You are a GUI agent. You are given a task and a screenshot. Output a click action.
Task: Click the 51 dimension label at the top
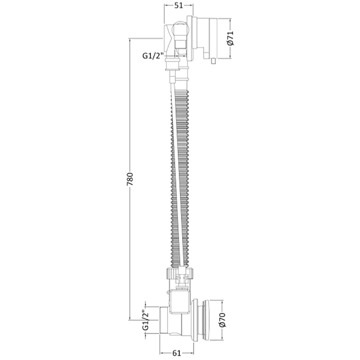tap(178, 5)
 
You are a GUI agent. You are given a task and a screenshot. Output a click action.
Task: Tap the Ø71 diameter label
tap(230, 38)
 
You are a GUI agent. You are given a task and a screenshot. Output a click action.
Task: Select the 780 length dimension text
tap(130, 179)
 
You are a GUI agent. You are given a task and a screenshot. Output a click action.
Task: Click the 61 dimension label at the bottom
tap(176, 353)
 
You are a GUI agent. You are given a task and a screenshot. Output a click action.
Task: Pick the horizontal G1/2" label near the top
tap(153, 56)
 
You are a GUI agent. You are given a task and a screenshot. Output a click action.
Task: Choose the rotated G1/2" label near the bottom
tap(146, 320)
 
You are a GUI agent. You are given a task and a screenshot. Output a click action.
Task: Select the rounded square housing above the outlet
tap(180, 301)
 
